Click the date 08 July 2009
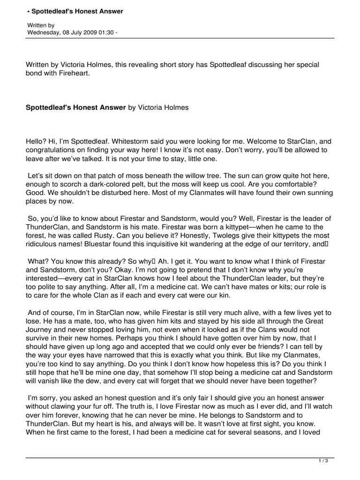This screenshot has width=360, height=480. point(78,33)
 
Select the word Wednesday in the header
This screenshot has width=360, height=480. point(43,33)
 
